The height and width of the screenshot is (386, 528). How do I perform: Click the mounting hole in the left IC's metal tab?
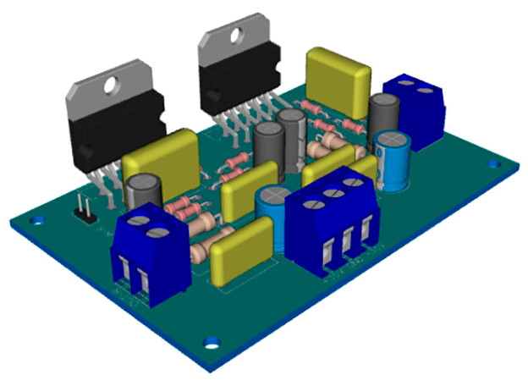(111, 85)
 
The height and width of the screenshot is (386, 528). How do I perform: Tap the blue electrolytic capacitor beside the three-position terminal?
(273, 207)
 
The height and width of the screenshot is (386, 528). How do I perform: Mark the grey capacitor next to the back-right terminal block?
(383, 114)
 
